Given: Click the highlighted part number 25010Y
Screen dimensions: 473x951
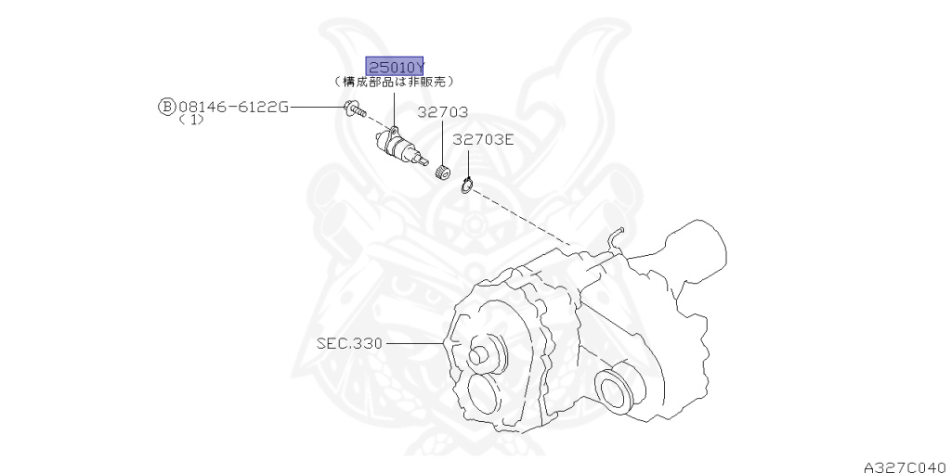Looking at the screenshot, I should point(396,67).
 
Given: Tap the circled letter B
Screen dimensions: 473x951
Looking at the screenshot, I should point(166,108).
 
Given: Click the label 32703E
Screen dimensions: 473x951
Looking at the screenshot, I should point(483,140).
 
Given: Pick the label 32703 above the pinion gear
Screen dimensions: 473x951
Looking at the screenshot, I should point(442,112).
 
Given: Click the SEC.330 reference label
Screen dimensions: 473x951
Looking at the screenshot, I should point(349,343).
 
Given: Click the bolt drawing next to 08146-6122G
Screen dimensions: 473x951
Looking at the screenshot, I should point(352,109).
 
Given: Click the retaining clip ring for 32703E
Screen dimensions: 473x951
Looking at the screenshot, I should point(467,185).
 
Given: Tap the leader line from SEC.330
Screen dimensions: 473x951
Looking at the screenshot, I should point(418,343).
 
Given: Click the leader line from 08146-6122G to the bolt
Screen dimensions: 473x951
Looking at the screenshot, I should point(317,108).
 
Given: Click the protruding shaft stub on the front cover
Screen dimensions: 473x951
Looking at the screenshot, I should point(484,354).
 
